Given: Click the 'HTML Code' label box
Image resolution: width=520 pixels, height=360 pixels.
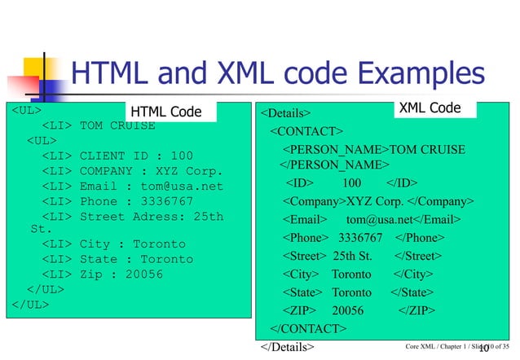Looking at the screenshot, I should tap(167, 112).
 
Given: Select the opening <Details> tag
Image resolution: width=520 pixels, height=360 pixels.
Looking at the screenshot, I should tap(286, 112).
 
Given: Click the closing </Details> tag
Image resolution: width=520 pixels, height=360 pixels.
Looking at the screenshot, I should tap(286, 347).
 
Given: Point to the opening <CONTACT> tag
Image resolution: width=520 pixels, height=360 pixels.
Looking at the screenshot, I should tap(306, 130).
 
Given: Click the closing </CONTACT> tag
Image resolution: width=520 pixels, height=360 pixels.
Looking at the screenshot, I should tap(309, 328).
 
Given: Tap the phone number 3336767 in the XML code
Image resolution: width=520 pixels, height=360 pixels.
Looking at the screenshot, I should tap(359, 238).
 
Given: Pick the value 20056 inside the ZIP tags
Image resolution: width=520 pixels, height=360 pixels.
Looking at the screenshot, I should tap(349, 310).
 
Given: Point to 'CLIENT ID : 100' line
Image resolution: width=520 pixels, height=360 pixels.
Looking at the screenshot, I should tap(136, 156).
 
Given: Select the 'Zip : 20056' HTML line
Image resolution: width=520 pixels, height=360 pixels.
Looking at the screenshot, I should tap(121, 274).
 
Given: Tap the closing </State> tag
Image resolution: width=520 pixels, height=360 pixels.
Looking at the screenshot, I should tap(412, 292).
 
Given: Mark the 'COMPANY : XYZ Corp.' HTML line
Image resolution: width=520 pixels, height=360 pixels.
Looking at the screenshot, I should tap(151, 170).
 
